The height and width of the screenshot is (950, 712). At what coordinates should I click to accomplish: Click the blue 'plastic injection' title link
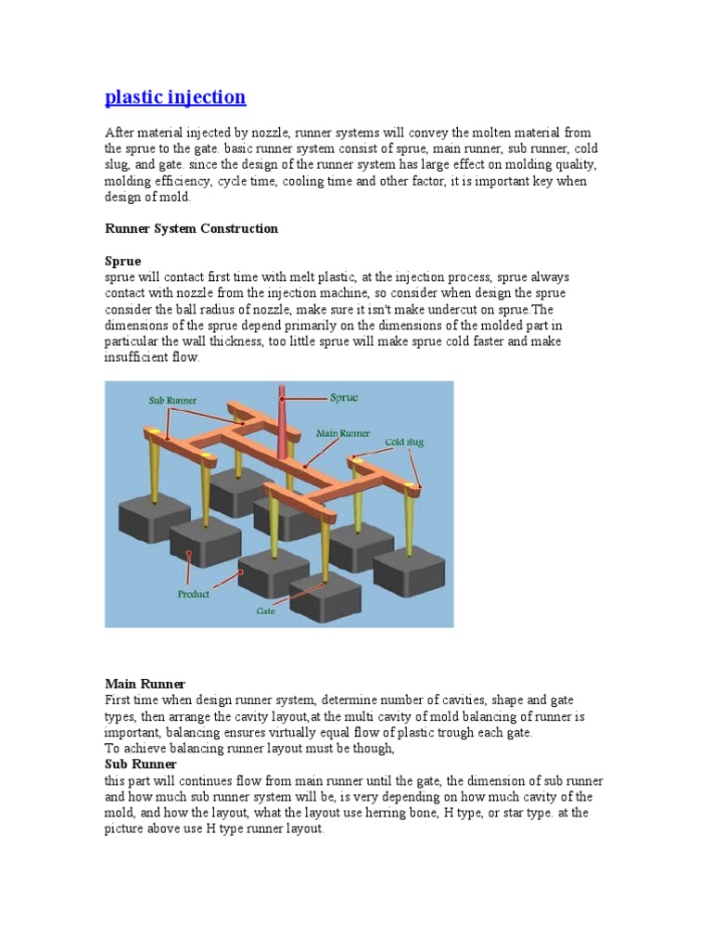tap(175, 96)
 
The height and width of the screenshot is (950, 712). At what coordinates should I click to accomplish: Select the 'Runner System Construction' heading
tap(191, 228)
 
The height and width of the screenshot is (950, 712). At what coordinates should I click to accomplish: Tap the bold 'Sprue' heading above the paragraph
tap(123, 261)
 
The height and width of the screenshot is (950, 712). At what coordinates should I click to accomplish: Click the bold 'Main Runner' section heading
tap(145, 684)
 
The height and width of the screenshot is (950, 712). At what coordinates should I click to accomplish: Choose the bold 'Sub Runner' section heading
tap(141, 764)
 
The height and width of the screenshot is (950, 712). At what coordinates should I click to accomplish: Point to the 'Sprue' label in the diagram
tap(344, 397)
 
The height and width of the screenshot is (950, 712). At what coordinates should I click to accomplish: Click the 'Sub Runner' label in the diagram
tap(172, 401)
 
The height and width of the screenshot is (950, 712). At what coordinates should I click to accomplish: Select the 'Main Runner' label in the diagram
tap(343, 433)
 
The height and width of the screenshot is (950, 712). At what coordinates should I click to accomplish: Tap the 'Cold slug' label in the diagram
tap(404, 442)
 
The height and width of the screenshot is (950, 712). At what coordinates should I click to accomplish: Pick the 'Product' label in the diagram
tap(193, 595)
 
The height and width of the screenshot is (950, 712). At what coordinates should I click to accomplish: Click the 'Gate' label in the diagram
tap(265, 610)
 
